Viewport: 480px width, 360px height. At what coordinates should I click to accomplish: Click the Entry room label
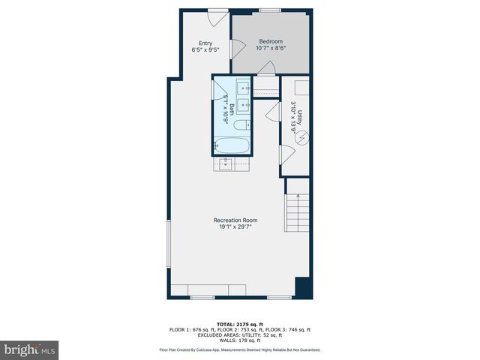coord(205,43)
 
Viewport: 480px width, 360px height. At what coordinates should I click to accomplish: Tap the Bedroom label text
coord(271,41)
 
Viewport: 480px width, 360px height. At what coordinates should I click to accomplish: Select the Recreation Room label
coord(235,220)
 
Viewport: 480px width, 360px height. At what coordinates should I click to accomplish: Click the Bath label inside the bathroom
coord(232,109)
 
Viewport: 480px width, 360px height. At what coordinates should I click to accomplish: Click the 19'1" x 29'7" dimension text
coord(235,228)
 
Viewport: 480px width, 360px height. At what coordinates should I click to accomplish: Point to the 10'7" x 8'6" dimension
coord(271,49)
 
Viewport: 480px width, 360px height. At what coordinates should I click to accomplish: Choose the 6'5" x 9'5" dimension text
coord(205,50)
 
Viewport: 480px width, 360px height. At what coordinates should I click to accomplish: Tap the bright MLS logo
coord(29,349)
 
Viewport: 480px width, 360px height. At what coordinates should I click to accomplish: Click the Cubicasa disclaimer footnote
coord(239,349)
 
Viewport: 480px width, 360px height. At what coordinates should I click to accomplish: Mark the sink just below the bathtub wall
coord(226,162)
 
